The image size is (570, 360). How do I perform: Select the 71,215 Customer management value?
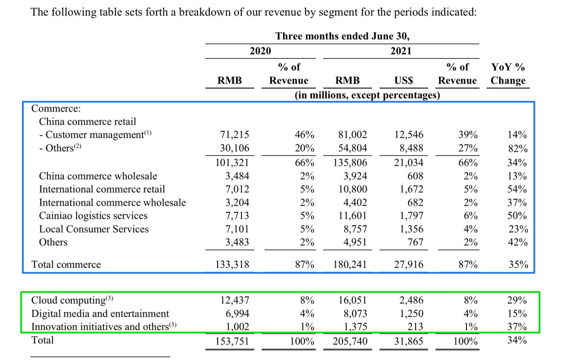235,135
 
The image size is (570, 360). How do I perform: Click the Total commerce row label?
66,265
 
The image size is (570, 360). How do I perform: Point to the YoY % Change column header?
508,74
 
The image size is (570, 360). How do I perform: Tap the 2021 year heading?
401,51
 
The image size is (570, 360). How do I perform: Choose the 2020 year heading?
260,51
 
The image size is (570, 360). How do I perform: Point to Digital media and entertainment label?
100,313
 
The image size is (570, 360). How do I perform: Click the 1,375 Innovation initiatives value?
354,327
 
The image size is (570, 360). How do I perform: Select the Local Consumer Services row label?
94,229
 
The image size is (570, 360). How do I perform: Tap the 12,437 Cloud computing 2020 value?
235,300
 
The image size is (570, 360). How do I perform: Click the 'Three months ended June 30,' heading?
342,36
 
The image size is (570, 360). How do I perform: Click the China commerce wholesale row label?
98,176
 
